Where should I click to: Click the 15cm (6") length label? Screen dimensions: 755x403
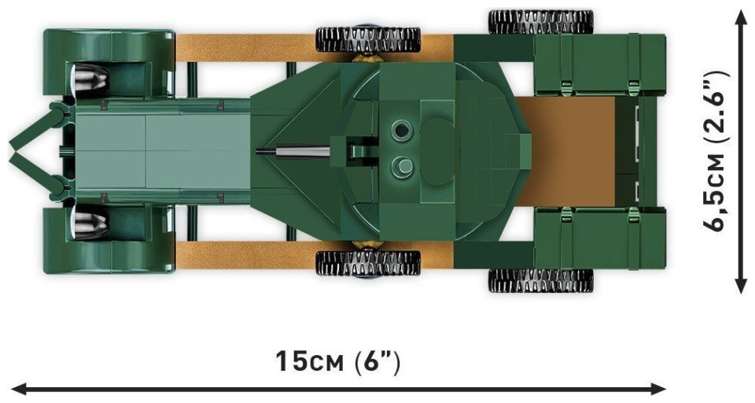[x=337, y=362]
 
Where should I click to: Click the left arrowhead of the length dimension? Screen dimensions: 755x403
[x=17, y=388]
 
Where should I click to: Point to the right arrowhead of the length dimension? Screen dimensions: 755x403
[x=660, y=388]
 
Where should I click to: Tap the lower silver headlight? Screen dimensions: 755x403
[x=90, y=224]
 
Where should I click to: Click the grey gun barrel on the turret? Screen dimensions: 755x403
[x=293, y=151]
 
